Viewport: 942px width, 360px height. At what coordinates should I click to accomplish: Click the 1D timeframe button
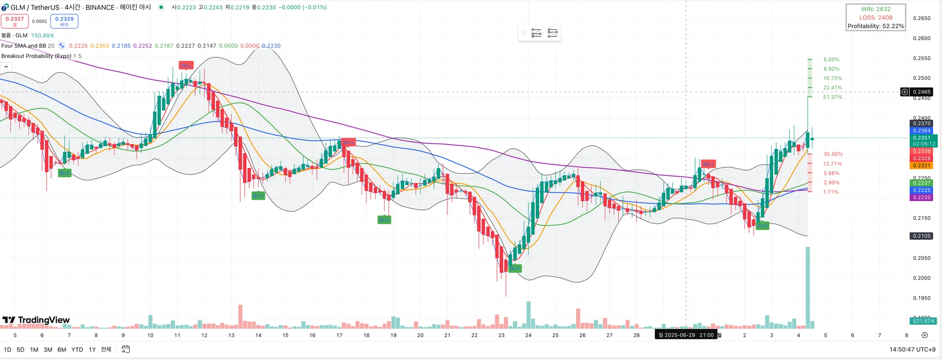pos(7,350)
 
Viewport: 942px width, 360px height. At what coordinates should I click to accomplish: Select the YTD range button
pos(77,350)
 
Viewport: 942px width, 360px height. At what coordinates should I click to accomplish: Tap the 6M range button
pos(62,350)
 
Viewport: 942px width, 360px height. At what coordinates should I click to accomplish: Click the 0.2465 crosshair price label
pos(921,92)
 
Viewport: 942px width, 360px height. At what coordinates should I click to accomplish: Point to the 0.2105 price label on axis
pos(921,236)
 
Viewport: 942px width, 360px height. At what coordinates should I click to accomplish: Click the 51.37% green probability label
pos(833,97)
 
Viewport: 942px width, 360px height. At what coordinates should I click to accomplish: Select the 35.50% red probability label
pos(833,154)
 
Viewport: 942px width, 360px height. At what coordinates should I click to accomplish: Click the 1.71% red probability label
pos(831,192)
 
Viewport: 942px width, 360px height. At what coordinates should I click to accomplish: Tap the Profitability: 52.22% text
pos(876,26)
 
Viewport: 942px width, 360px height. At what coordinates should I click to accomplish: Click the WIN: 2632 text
pos(876,9)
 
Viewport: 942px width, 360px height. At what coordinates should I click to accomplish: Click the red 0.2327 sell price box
pos(15,21)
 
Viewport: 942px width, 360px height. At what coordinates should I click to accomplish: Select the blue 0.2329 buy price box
pos(64,21)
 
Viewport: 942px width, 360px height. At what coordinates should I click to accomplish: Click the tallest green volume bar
pos(808,287)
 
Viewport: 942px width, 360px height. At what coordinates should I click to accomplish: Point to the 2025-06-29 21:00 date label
pos(686,335)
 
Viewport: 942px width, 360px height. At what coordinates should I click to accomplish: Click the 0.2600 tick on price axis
pos(921,38)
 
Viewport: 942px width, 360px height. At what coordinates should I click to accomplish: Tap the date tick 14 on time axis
pos(258,335)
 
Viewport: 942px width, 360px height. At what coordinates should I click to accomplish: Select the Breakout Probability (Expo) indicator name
pos(36,56)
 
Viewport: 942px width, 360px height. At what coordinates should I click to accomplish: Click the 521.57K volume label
pos(923,321)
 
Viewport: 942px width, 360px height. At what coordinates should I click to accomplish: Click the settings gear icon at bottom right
pos(924,335)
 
